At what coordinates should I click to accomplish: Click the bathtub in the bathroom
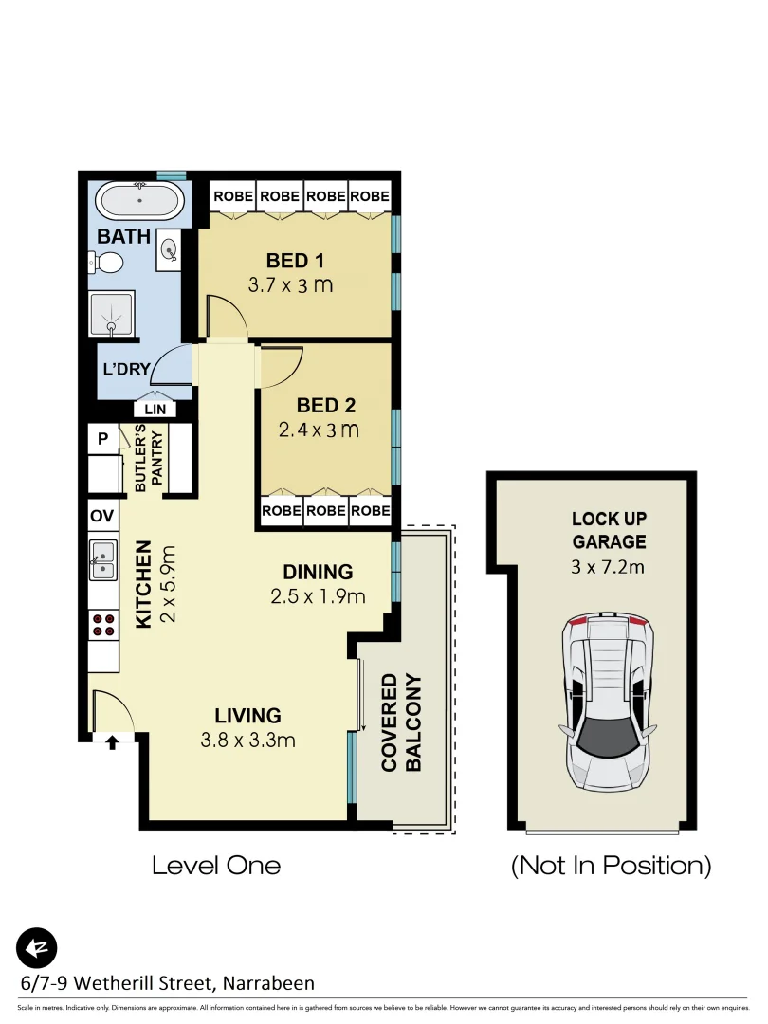(140, 201)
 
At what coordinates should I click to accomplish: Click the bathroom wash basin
(170, 248)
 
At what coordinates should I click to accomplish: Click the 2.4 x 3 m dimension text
(319, 430)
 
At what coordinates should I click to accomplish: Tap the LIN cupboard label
(155, 410)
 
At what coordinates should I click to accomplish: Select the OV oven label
(101, 516)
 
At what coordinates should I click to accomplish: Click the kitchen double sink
(102, 559)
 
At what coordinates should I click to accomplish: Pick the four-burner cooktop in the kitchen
(102, 623)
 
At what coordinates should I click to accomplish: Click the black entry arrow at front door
(112, 742)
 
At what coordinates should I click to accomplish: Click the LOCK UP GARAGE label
(608, 531)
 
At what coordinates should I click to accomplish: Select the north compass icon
(37, 947)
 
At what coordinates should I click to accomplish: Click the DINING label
(318, 572)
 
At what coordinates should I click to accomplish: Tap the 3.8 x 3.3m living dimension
(247, 740)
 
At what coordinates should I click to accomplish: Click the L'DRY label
(127, 368)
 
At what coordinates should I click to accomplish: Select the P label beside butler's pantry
(102, 439)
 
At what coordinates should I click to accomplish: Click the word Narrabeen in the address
(267, 983)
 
